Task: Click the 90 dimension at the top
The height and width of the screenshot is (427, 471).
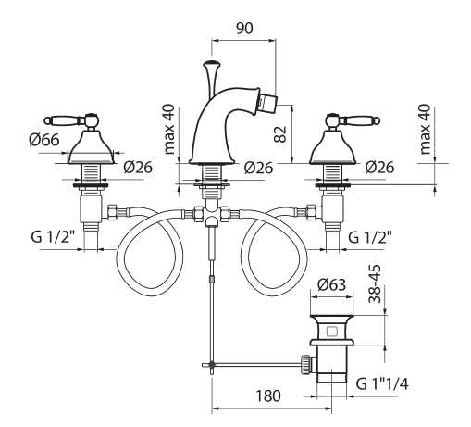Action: click(244, 28)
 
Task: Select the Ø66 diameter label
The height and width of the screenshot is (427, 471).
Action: click(44, 140)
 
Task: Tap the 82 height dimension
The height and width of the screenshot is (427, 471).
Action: click(280, 133)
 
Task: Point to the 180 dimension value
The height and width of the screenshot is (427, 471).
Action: click(268, 396)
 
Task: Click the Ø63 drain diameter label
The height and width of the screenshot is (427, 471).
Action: click(331, 284)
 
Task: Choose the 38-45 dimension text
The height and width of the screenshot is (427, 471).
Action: click(375, 284)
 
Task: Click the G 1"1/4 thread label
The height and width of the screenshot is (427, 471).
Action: click(382, 384)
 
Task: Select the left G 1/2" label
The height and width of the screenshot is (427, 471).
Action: click(53, 237)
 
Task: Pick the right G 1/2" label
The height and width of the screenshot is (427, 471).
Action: click(370, 237)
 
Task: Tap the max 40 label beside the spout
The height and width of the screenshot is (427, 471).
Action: click(169, 129)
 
